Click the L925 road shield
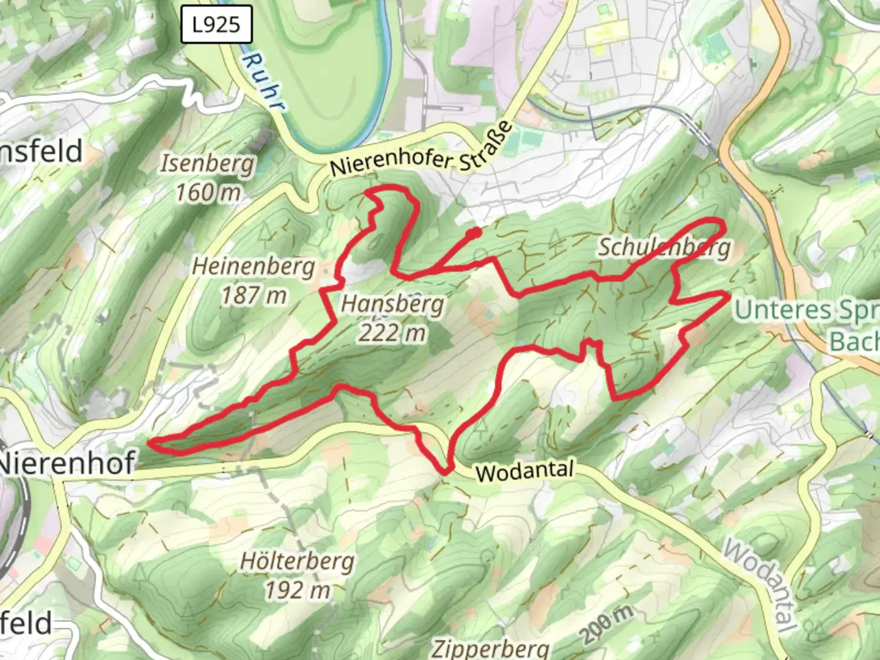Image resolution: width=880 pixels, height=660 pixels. pos(216,25)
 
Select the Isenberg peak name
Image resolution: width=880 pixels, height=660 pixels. pos(207,164)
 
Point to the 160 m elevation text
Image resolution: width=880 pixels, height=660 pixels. pos(208,193)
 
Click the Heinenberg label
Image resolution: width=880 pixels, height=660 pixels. pos(254,266)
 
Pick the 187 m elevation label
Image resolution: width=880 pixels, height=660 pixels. pos(254,296)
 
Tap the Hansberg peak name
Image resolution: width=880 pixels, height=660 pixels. pos(393,304)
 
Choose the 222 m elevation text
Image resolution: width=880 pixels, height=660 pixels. pos(393,333)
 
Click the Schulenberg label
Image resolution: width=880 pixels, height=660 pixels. pos(664,247)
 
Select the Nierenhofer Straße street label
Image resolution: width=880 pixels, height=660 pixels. pos(421,150)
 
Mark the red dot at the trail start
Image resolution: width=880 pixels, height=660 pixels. pos(474,232)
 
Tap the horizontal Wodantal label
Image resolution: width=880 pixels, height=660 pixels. pos(525,471)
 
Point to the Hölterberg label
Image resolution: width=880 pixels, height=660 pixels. pos(298,561)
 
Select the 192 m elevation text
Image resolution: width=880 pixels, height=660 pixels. pos(298,590)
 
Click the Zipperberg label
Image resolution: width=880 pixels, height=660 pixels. pos(491,648)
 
